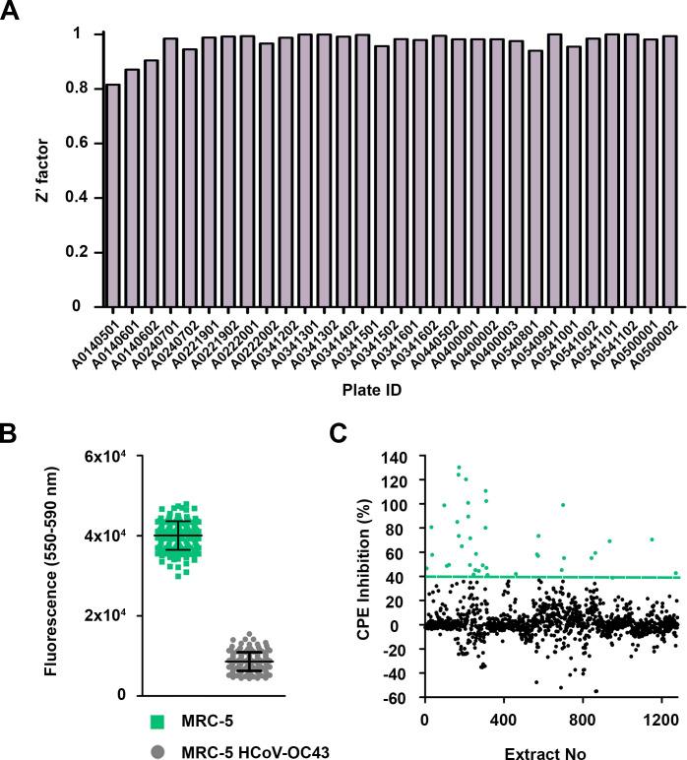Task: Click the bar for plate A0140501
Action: coord(114,196)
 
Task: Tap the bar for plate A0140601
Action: coord(133,188)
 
